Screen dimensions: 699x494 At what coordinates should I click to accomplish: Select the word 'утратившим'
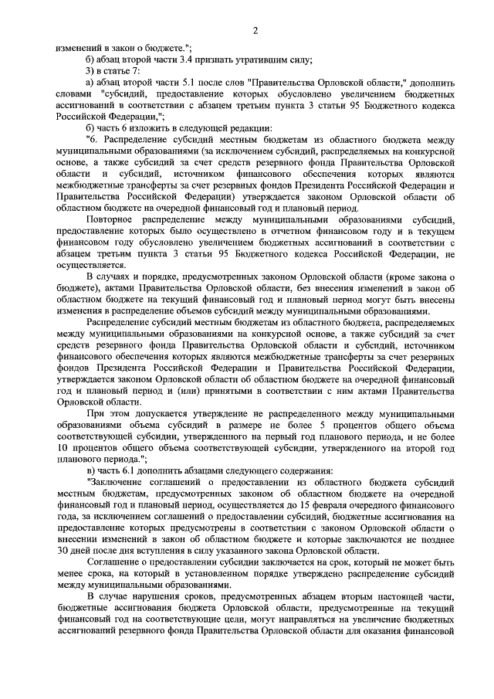point(273,59)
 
